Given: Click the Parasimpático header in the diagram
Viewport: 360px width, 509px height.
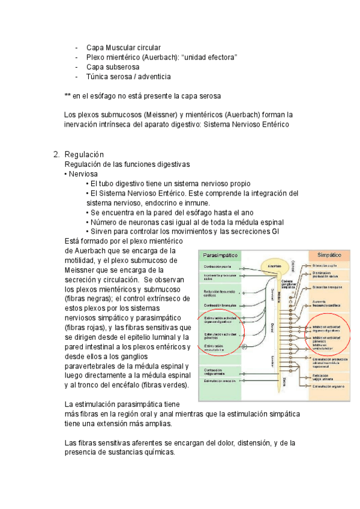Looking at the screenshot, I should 221,255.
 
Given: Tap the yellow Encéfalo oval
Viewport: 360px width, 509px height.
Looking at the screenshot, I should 274,265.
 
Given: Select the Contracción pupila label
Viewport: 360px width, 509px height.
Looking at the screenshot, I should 217,266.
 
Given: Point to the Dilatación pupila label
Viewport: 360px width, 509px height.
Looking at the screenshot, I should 324,265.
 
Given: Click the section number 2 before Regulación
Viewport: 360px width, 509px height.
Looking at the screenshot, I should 56,154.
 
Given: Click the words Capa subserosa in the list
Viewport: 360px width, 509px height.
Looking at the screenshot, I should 113,67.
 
